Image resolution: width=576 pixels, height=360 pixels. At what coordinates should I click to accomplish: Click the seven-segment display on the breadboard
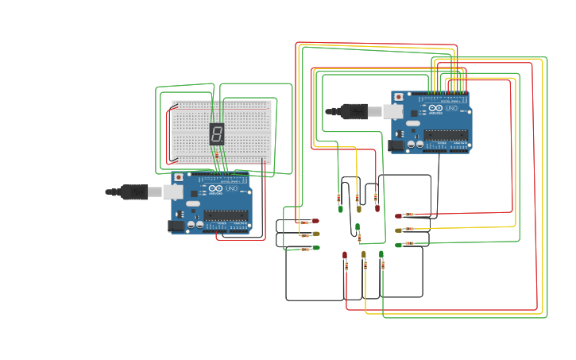(216, 134)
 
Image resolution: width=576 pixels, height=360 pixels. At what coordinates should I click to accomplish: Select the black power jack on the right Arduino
(396, 145)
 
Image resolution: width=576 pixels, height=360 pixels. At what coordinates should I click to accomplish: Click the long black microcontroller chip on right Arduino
(445, 134)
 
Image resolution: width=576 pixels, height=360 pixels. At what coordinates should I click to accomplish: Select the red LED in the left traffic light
(315, 221)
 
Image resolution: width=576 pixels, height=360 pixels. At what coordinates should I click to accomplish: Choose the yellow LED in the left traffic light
(316, 234)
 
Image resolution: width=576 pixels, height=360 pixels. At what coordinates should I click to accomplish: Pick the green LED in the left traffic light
(316, 247)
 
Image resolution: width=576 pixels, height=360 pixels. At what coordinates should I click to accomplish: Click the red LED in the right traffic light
(398, 215)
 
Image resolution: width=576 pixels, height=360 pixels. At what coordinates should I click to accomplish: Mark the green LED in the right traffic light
(398, 245)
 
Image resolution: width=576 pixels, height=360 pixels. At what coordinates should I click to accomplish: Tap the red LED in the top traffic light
(377, 209)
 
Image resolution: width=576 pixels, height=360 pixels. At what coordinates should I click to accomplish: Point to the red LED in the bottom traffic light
(345, 254)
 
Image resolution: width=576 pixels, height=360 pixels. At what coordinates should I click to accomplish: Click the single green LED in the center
(358, 226)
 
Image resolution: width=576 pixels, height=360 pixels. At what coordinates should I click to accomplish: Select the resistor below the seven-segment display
(217, 155)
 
